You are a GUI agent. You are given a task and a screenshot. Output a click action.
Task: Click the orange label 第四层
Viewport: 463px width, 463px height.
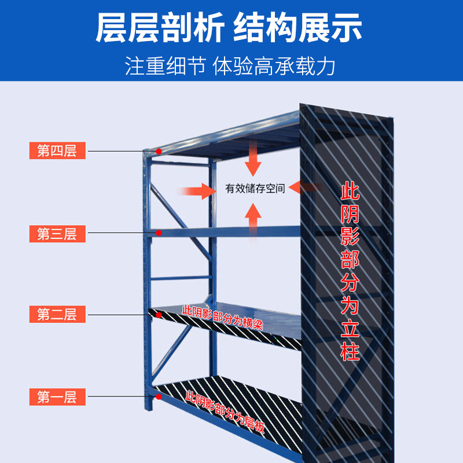pos(57,151)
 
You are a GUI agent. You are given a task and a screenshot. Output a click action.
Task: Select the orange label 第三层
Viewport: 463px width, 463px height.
pos(57,234)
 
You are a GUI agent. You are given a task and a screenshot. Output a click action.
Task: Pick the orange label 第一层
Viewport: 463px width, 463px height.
pos(57,397)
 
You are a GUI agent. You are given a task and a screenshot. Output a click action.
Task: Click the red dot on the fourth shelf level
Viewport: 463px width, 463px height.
pos(159,152)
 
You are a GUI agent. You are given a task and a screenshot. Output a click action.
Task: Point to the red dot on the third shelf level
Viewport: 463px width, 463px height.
pos(159,233)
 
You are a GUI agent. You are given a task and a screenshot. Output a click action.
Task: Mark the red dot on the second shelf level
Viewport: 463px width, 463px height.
pos(159,315)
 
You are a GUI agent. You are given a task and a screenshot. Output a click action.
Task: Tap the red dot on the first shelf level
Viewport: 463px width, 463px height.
pos(159,398)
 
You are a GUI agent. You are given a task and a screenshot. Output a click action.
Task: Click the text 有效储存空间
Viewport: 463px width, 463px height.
pos(255,188)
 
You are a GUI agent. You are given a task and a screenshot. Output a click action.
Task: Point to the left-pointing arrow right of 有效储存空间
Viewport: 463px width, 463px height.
pos(305,187)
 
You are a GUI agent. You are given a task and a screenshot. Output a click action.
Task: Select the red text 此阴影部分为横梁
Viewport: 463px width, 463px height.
pos(223,318)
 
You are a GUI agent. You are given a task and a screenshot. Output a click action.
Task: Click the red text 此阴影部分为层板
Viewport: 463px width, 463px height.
pos(226,411)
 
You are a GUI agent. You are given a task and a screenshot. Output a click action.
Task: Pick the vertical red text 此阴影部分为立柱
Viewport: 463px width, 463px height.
pos(350,272)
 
